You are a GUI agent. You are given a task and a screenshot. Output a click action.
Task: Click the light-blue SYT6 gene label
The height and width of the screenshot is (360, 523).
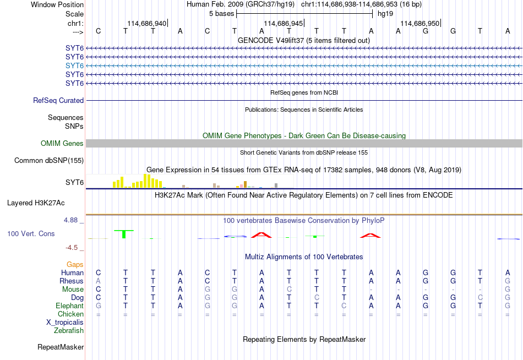[74, 66]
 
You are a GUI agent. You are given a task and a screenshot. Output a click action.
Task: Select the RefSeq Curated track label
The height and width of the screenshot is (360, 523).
[58, 100]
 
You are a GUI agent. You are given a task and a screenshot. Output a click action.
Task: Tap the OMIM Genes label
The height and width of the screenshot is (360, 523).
[62, 144]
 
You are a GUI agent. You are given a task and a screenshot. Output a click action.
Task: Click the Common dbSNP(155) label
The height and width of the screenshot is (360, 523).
[49, 161]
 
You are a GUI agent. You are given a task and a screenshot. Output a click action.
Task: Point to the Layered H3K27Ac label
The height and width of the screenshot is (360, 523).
[36, 203]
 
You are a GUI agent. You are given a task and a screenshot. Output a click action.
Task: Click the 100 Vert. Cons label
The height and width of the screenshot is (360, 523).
[31, 233]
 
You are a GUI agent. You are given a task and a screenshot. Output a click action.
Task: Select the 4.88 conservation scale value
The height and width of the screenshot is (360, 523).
[70, 220]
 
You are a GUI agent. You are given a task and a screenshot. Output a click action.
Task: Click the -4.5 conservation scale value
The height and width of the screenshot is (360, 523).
[72, 248]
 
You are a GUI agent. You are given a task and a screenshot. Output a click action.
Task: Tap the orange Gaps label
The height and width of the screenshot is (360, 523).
[75, 265]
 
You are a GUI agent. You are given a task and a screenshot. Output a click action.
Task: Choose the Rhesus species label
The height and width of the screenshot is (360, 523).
[72, 281]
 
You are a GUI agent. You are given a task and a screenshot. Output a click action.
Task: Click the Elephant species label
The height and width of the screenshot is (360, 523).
[70, 306]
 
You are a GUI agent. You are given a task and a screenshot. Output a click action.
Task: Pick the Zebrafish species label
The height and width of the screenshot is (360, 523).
[69, 331]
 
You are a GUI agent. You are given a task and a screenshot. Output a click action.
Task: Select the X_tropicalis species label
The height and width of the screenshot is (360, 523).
[65, 323]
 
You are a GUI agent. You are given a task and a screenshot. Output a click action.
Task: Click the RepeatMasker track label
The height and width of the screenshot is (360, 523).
[61, 347]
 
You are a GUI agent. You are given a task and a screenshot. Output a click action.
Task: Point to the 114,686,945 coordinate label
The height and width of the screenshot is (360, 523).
[283, 23]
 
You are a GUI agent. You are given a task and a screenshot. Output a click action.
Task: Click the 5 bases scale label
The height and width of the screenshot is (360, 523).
[221, 14]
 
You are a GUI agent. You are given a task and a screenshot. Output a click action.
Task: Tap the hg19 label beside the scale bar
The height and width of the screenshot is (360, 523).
[385, 14]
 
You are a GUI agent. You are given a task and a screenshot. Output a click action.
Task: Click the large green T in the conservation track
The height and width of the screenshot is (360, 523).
[124, 234]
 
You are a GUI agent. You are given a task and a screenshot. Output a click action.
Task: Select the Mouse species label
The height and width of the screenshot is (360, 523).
[73, 290]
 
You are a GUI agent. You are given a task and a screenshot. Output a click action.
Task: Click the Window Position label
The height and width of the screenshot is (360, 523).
[57, 4]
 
